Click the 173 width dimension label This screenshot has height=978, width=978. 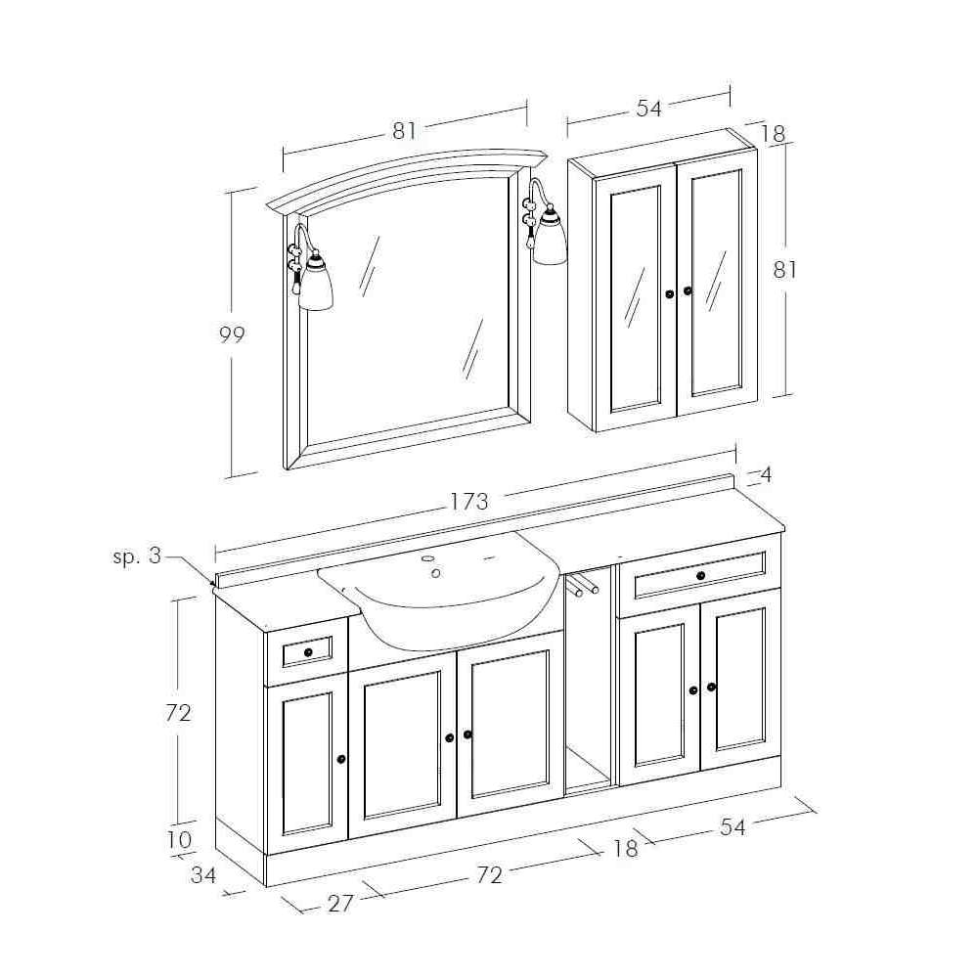point(470,501)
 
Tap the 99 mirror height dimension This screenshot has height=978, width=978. point(232,334)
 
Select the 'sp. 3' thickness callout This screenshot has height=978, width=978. point(137,556)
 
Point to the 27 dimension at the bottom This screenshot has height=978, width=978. point(340,903)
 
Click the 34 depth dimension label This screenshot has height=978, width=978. point(203,875)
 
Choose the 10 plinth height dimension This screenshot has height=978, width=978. point(180,839)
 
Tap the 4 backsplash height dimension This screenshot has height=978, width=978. point(767,475)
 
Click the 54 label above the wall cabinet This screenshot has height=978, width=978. point(648,109)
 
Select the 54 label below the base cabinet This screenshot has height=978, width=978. point(733,827)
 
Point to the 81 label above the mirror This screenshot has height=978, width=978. point(404,130)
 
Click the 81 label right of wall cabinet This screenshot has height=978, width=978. point(784,270)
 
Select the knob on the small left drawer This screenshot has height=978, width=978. point(308,652)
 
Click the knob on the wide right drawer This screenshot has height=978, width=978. point(700,575)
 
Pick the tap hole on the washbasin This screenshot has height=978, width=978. point(436,573)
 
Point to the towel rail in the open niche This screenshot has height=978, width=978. point(582,585)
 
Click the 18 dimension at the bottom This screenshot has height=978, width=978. point(626,848)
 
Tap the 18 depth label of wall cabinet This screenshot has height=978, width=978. point(774,133)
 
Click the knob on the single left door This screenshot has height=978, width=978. point(341,759)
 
